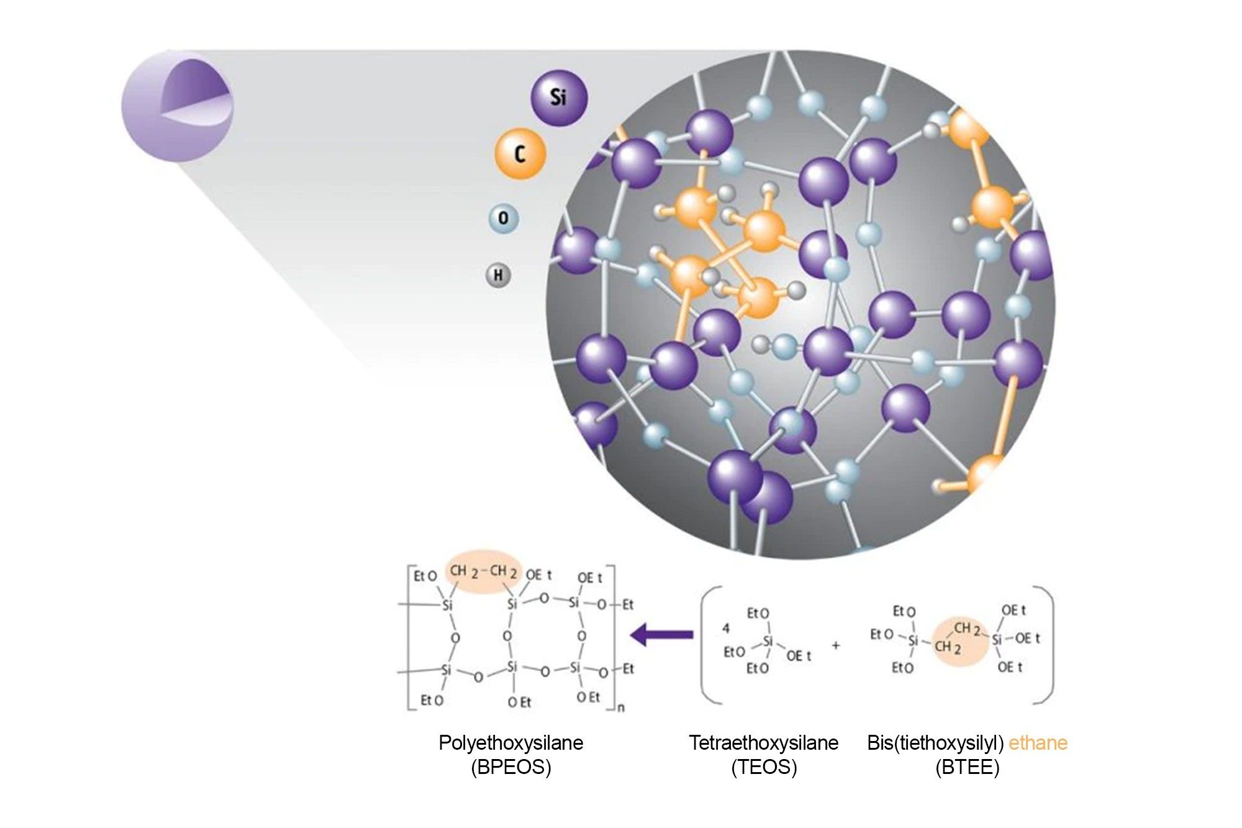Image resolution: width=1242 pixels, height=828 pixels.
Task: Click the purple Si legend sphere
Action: click(x=558, y=98)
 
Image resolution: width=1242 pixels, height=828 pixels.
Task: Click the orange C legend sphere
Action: click(x=520, y=153)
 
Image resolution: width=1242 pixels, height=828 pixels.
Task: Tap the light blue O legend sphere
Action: click(x=503, y=219)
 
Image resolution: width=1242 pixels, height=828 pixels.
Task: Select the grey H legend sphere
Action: click(x=498, y=275)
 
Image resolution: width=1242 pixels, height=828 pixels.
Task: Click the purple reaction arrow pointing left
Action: click(x=661, y=635)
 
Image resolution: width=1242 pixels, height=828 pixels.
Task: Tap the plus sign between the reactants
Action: click(x=836, y=645)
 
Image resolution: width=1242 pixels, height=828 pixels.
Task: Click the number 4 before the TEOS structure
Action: click(x=726, y=628)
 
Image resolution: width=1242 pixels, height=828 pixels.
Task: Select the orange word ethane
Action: click(x=1038, y=743)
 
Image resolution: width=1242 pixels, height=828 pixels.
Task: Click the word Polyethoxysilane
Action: click(x=511, y=743)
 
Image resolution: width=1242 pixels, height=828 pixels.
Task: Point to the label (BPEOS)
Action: click(x=511, y=767)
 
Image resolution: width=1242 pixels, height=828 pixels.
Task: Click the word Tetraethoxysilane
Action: click(x=764, y=743)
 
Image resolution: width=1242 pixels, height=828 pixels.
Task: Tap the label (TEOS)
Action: click(x=764, y=767)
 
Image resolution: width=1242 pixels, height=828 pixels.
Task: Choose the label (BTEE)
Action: click(x=968, y=767)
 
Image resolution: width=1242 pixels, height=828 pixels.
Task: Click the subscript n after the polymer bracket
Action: click(x=622, y=707)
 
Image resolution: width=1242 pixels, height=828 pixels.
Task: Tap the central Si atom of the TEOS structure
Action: click(x=768, y=642)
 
